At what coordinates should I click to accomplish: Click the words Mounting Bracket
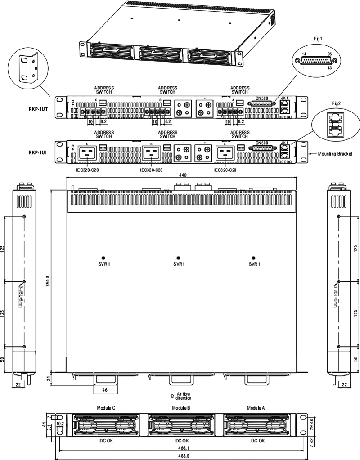point(334,153)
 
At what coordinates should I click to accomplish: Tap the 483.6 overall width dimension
point(182,456)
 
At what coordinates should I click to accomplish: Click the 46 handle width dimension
point(105,389)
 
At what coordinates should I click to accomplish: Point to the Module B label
point(181,408)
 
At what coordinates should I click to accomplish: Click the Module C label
point(107,408)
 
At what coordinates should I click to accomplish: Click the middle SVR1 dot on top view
point(178,258)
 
